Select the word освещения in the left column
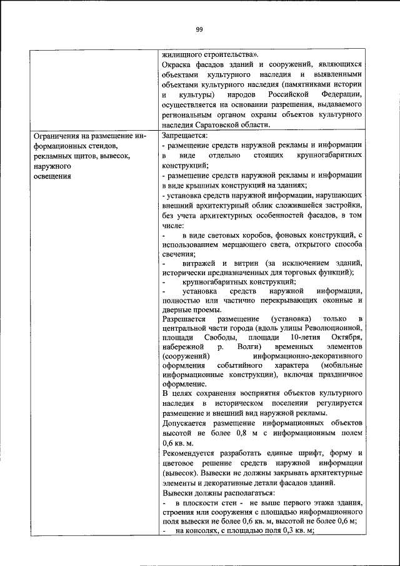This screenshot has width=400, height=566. [x=52, y=176]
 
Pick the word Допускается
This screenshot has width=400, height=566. [x=187, y=422]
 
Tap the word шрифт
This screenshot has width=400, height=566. [x=293, y=452]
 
